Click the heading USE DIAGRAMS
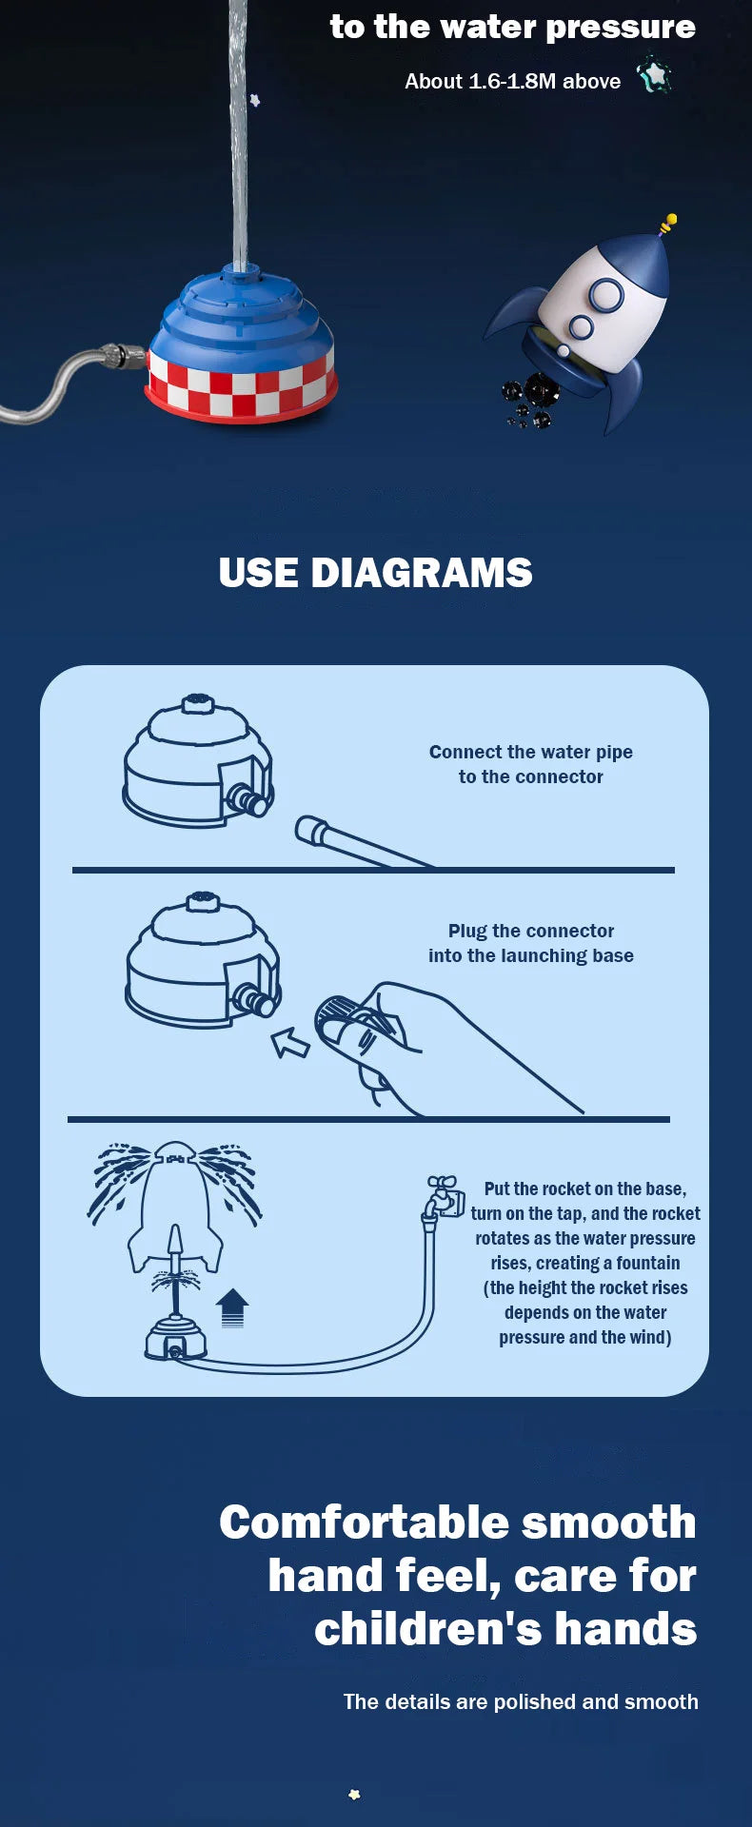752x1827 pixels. point(375,573)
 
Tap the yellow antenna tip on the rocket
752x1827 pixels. point(669,223)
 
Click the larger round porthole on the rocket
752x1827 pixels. point(605,296)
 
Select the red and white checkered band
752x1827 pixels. point(241,386)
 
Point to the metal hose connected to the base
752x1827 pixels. point(67,381)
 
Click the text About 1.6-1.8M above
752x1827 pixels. point(512,82)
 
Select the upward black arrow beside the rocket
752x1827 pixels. point(232,1307)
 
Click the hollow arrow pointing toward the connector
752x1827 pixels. point(290,1043)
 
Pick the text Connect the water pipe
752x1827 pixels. point(531,752)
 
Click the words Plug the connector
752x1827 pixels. point(531,931)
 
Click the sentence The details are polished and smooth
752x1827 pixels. point(521,1701)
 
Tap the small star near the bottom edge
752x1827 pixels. point(354,1795)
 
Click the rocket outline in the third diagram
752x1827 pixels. point(175,1207)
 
